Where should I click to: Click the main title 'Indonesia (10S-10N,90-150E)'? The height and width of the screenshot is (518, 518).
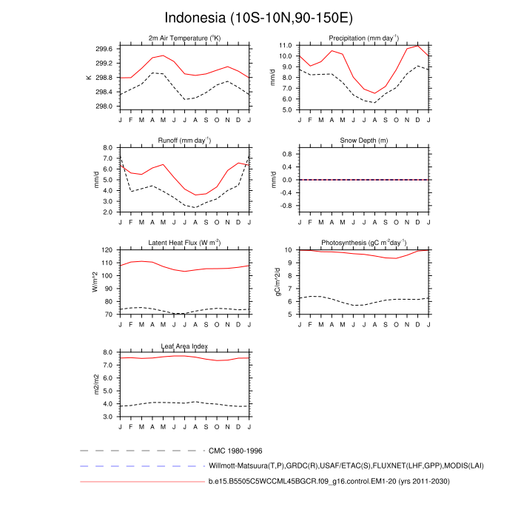[x=258, y=17]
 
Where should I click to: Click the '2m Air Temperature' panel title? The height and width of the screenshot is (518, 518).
[x=184, y=38]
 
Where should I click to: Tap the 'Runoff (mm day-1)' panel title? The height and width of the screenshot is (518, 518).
[x=184, y=140]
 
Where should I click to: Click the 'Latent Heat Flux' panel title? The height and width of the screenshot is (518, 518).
[x=184, y=243]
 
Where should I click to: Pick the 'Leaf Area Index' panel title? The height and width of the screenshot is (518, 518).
[x=184, y=346]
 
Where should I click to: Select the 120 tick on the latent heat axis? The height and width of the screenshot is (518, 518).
[x=107, y=250]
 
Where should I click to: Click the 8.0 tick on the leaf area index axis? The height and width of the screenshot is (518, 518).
[x=107, y=353]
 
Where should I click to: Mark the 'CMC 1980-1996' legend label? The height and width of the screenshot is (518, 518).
[x=235, y=450]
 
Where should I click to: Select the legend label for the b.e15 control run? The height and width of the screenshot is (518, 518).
[x=329, y=482]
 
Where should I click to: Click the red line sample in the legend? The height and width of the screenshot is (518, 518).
[x=141, y=482]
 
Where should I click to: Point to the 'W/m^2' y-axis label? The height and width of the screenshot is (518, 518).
[x=95, y=282]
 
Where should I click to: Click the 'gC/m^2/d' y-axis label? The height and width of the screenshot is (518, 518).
[x=278, y=282]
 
